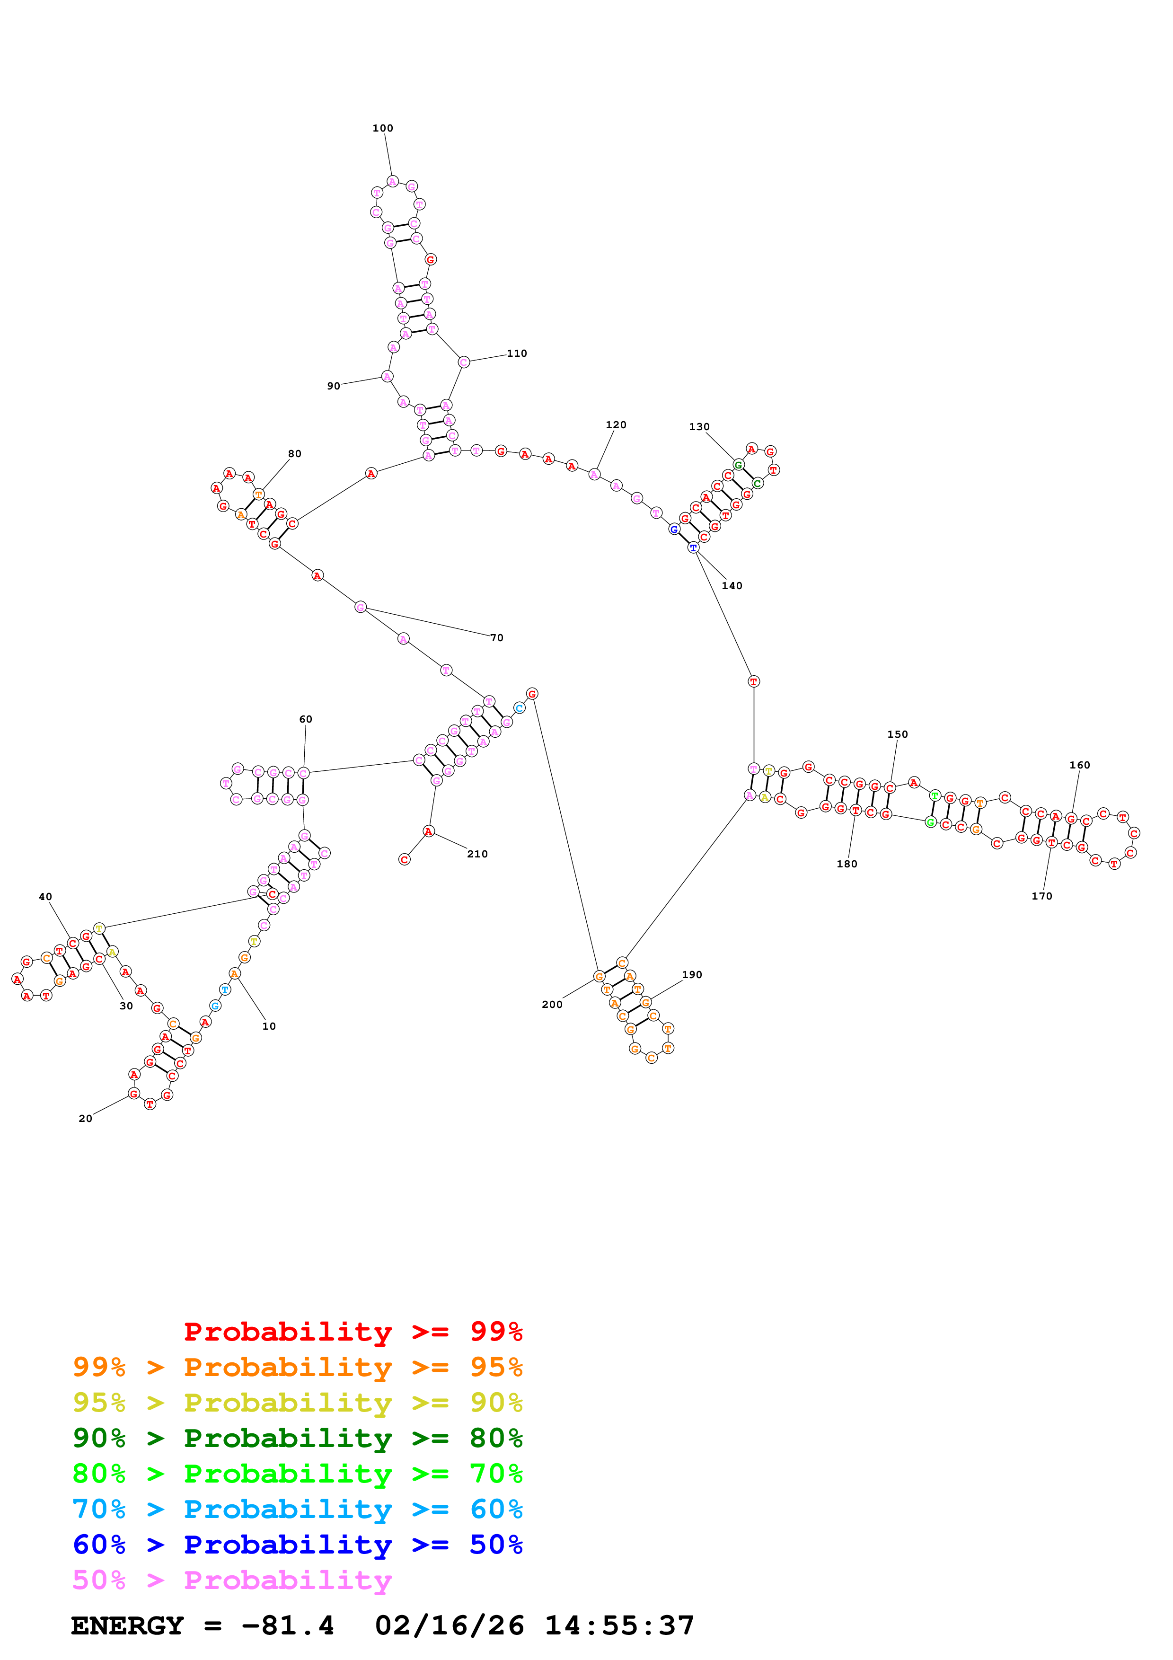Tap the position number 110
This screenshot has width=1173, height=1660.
point(517,353)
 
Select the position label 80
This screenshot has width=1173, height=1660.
point(295,454)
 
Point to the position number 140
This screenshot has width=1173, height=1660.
point(732,586)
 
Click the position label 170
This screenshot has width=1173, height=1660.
point(1041,896)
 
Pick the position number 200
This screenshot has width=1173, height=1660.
point(552,1004)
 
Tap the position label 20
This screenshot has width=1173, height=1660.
point(85,1119)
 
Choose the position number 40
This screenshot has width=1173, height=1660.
point(45,897)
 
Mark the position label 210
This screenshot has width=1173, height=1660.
point(477,854)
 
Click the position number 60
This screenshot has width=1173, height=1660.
point(306,719)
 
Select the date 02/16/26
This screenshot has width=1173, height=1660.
point(449,1625)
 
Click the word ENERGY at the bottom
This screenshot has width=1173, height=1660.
point(127,1625)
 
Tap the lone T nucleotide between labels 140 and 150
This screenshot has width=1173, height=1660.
point(754,681)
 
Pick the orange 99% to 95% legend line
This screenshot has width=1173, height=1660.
point(297,1367)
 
